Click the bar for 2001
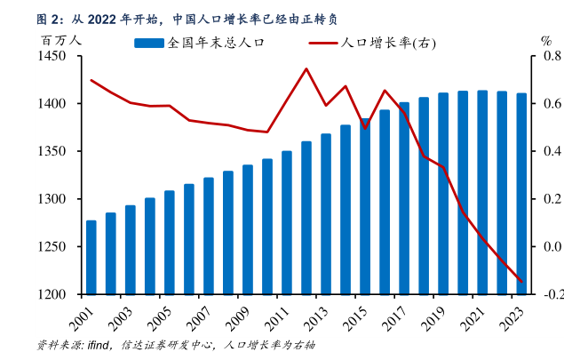pos(91,257)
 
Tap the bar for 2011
pos(287,222)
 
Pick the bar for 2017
pos(404,198)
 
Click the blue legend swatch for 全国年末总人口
pos(149,42)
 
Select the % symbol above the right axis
pos(546,41)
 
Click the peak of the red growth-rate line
pos(306,68)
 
